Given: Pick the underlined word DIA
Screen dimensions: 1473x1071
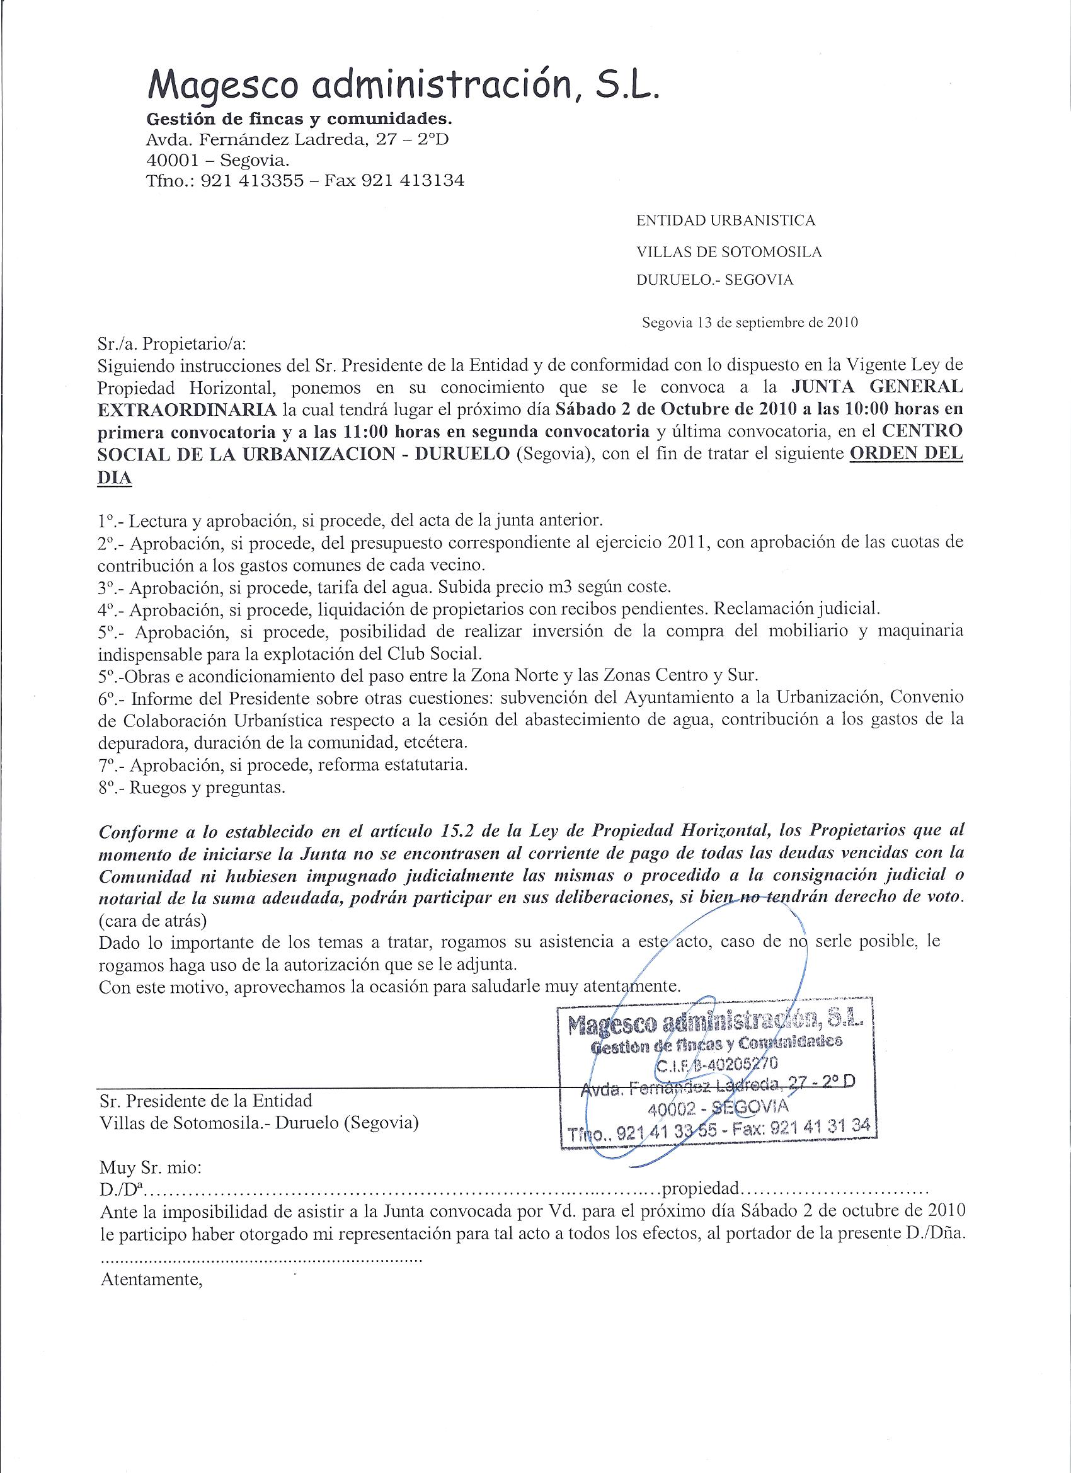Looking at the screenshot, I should [x=114, y=478].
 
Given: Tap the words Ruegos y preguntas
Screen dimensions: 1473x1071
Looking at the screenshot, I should [x=208, y=788].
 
